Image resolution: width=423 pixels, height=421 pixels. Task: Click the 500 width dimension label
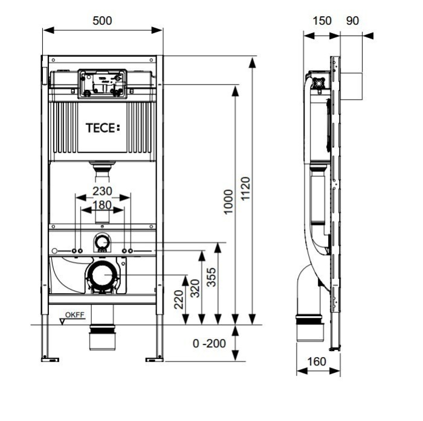point(103,21)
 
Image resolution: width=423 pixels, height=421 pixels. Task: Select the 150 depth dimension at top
point(321,21)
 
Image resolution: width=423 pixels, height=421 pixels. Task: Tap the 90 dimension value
point(352,21)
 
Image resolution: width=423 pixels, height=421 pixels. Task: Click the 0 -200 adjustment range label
point(209,343)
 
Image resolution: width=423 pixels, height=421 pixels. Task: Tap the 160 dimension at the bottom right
point(317,362)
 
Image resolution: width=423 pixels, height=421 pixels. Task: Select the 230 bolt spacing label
point(102,191)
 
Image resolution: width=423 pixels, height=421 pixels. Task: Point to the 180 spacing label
point(102,205)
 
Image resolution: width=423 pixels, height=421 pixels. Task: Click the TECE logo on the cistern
point(102,127)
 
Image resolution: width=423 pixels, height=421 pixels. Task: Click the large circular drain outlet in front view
point(102,276)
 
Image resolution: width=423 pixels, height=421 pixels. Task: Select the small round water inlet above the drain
point(102,242)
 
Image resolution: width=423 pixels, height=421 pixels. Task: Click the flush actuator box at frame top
point(102,83)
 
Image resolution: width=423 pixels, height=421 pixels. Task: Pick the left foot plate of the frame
point(50,359)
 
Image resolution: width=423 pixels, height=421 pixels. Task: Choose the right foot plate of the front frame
point(154,359)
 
